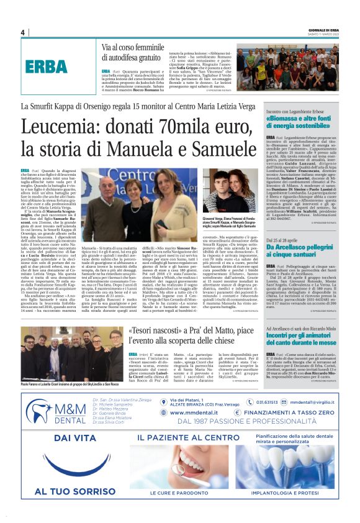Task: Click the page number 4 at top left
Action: coord(23,32)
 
